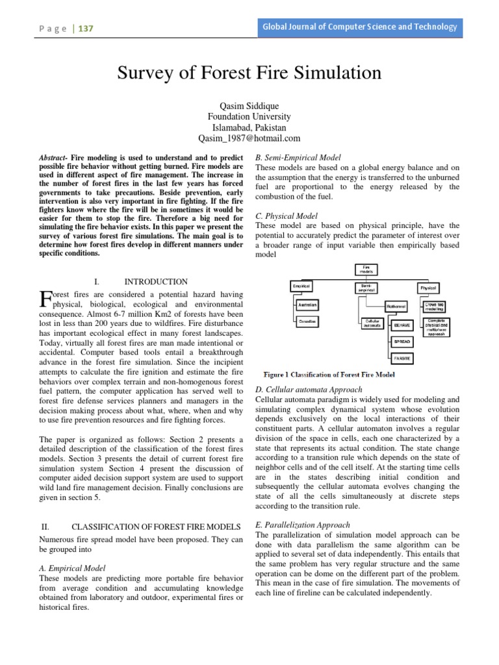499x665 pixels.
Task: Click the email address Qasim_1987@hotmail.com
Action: [x=249, y=138]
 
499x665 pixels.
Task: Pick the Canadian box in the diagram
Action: [x=307, y=322]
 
